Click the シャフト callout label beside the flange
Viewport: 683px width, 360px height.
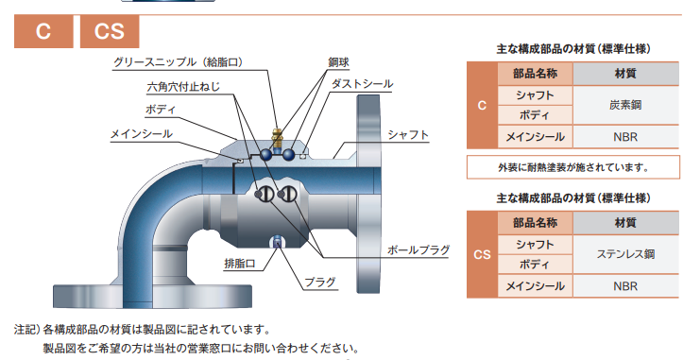pos(409,135)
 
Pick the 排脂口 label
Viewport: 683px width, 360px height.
pos(238,262)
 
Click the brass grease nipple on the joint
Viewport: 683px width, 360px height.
pos(276,135)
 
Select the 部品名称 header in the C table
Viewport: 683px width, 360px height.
pos(535,75)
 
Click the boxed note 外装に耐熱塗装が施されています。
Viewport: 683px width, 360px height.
pos(573,168)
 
